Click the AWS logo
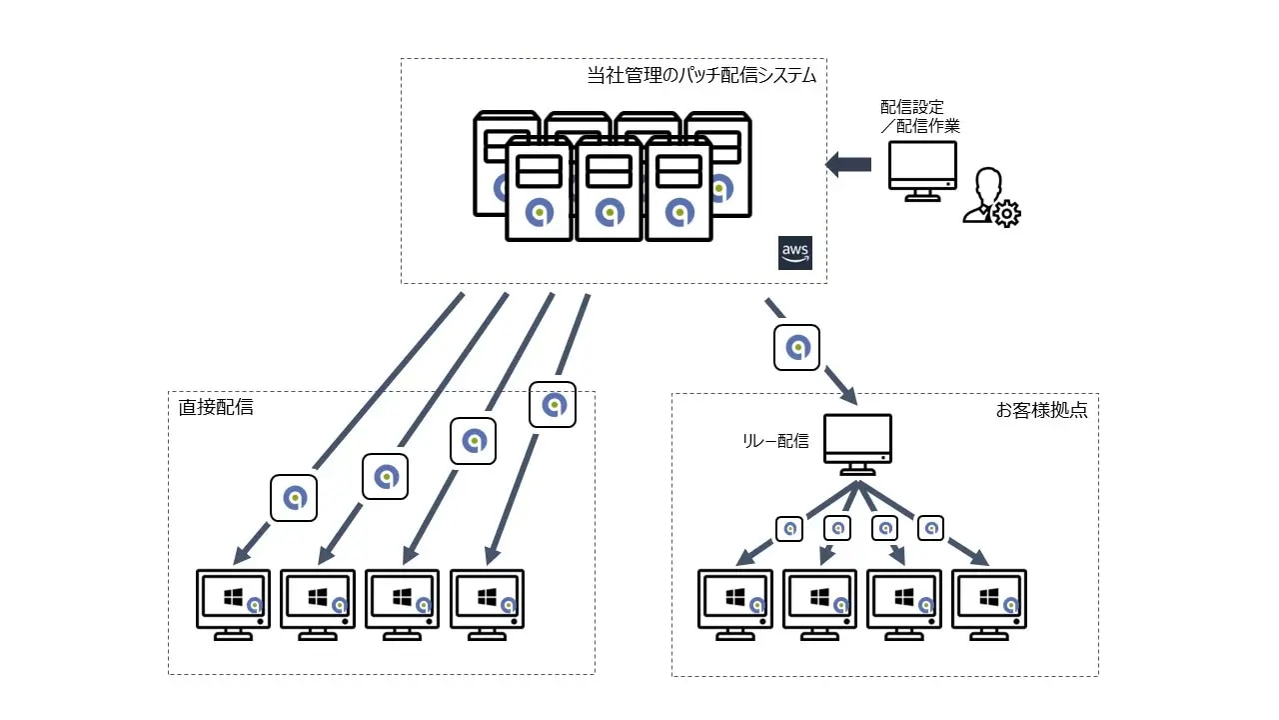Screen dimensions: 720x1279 click(795, 253)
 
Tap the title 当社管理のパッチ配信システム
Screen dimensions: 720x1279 click(701, 75)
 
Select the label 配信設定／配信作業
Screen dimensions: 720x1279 click(919, 116)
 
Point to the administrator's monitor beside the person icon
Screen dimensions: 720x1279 click(922, 170)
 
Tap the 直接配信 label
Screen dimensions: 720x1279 click(216, 407)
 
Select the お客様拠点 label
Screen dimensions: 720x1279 click(1041, 410)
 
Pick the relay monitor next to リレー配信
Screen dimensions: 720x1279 click(857, 444)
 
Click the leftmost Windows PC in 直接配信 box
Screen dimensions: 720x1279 click(234, 604)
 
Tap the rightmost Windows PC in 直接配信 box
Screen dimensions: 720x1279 click(488, 604)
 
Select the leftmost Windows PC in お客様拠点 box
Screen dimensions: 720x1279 click(734, 604)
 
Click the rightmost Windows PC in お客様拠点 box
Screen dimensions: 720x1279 click(989, 604)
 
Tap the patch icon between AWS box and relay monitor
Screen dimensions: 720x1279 click(796, 348)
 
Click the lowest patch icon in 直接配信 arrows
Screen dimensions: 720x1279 click(294, 497)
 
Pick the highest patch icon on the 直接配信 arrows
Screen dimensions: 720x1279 click(553, 405)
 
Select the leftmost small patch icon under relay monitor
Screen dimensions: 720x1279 click(789, 527)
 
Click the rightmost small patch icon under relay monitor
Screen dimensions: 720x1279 click(930, 527)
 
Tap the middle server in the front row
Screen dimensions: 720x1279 click(609, 189)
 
